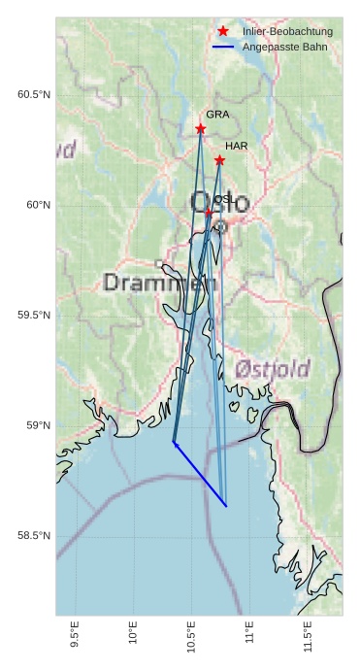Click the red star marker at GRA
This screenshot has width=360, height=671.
point(201,128)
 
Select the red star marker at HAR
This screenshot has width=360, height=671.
point(219,160)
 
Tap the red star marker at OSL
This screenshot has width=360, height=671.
point(209,212)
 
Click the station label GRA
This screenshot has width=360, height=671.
point(217,115)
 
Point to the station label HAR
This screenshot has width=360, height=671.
point(237,146)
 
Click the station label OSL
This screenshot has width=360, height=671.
point(223,199)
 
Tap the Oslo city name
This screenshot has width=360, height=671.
point(220,205)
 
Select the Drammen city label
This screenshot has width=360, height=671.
point(160,283)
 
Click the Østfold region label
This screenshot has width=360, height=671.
point(273,369)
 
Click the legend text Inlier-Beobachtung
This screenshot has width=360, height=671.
point(287,32)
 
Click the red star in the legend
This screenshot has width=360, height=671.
point(223,31)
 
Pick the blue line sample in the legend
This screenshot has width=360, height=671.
point(223,47)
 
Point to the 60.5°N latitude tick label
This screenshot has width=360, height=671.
point(34,94)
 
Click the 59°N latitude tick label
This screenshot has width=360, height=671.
point(38,425)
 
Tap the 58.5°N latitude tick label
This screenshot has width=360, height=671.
point(34,536)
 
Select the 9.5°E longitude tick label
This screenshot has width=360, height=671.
point(75,641)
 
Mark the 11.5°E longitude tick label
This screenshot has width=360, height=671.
point(308,641)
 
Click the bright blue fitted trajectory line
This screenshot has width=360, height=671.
point(200,475)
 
